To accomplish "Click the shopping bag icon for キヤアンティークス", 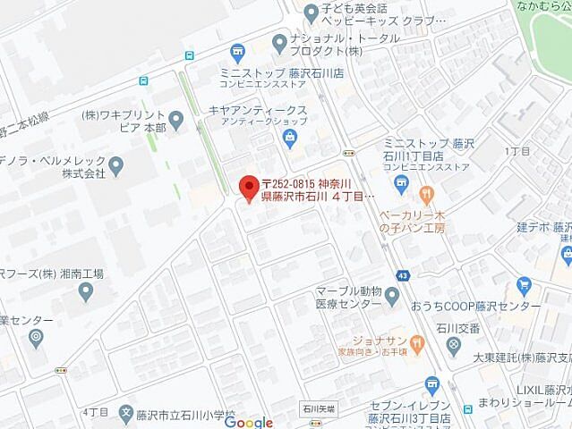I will click(x=290, y=136).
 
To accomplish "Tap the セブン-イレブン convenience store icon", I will click(x=432, y=384).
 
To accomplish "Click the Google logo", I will click(x=243, y=422).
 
